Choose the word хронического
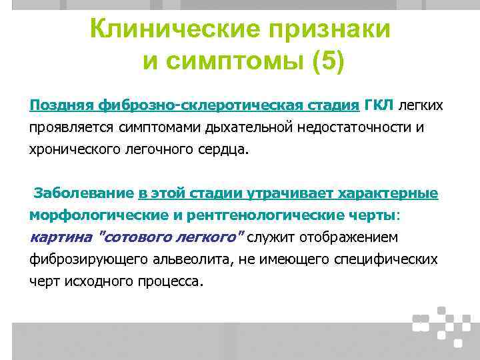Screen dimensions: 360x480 click(x=75, y=149)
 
